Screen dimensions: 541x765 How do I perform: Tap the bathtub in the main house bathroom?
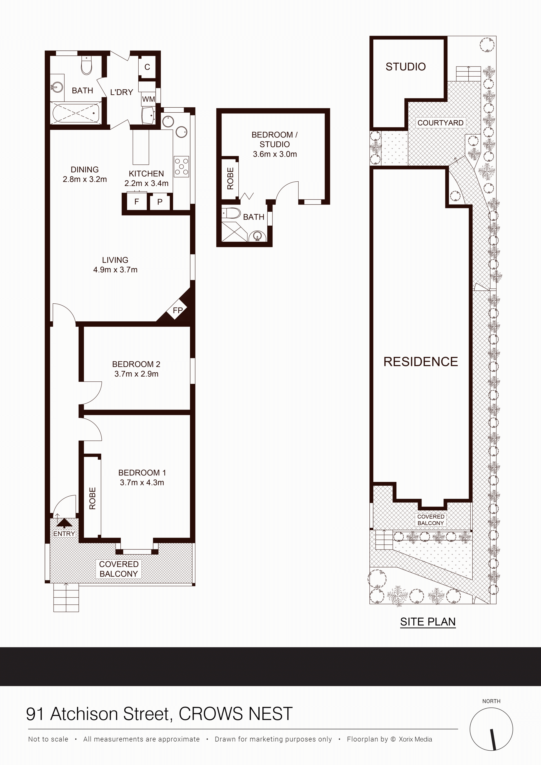point(76,113)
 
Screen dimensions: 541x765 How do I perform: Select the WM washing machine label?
point(148,99)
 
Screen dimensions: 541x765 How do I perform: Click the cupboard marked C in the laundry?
point(147,67)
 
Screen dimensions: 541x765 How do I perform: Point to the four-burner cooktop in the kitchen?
point(182,166)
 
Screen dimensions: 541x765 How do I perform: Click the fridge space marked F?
point(137,202)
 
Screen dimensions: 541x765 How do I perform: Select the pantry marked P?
point(160,202)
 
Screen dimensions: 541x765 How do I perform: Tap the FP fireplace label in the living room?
point(178,310)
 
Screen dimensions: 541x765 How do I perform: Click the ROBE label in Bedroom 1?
point(92,499)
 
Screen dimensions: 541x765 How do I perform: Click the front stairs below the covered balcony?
point(66,597)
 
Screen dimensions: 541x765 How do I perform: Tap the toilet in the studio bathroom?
point(231,213)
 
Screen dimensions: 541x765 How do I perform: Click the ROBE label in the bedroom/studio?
point(230,178)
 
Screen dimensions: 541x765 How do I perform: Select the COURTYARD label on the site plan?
point(440,123)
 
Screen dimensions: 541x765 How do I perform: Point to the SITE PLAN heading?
point(428,622)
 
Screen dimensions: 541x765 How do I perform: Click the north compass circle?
point(491,729)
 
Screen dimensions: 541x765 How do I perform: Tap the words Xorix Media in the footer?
point(415,739)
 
